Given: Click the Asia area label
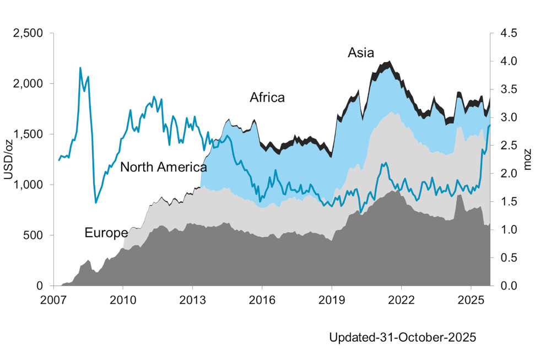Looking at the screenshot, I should point(361,53).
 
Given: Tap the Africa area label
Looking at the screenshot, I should point(267,98).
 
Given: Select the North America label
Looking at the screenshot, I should point(163,167).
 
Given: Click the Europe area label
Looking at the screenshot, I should point(106,233).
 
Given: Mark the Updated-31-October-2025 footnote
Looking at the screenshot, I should point(402,336).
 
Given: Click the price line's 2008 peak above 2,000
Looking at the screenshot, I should point(80,68).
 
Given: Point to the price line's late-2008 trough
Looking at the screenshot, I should point(96,202).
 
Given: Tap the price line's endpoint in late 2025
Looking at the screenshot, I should point(489,125).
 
